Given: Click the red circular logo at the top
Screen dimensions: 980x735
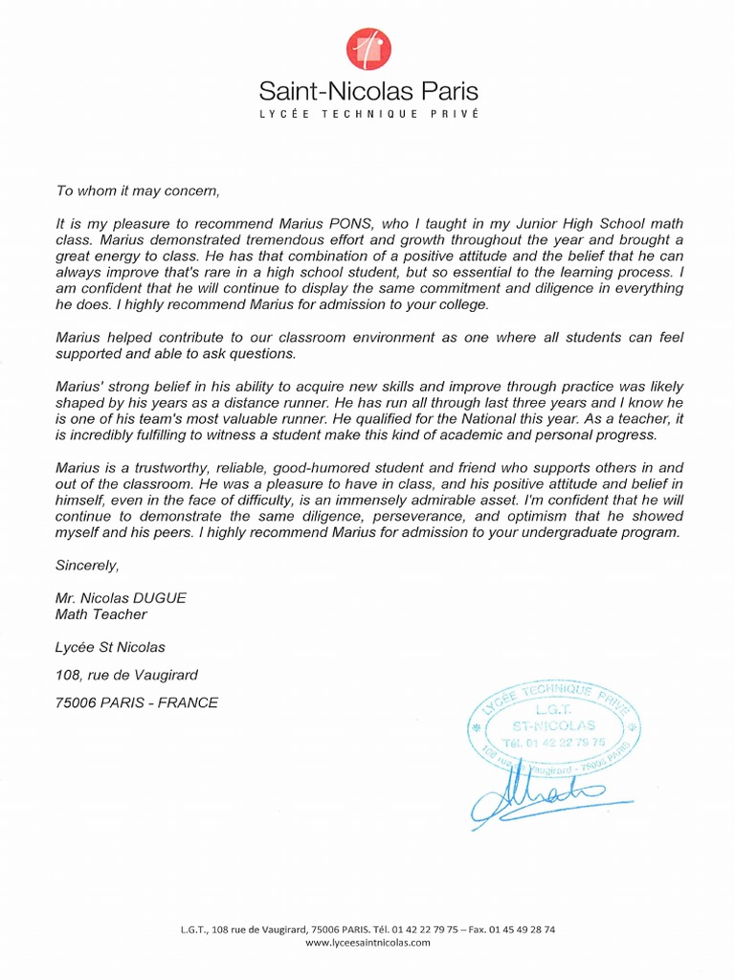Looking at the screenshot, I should pos(368,49).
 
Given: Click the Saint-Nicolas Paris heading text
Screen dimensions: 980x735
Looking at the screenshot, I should pos(368,92).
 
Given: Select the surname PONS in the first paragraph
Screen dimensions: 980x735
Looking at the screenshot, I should pos(354,223).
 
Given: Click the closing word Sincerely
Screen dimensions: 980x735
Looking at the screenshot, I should pos(87,565).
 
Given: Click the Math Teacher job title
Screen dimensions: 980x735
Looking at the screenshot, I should pos(100,613).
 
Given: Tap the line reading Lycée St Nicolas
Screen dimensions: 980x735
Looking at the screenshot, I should pos(110,647).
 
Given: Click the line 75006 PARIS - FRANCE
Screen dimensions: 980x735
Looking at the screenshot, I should pos(137,702).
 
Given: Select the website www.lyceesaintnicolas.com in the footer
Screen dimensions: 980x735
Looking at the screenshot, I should pos(367,942).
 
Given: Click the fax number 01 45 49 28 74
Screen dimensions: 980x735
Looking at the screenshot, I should pos(522,928).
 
